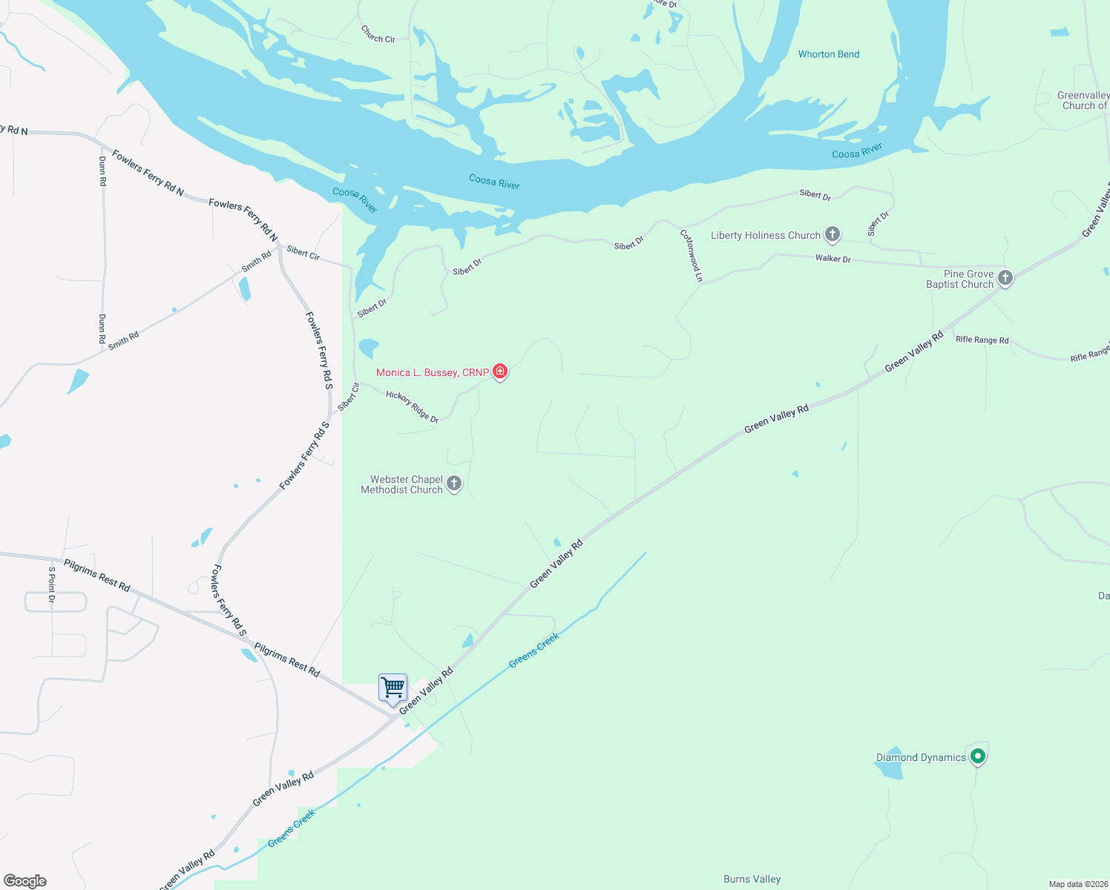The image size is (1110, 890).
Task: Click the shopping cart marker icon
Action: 393,688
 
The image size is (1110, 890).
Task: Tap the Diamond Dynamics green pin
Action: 978,756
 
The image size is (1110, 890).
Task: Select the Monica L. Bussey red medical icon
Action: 500,371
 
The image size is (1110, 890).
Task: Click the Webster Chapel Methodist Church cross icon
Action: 454,484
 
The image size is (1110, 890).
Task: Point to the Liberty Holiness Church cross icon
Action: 832,234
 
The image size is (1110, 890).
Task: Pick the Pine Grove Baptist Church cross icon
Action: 1005,278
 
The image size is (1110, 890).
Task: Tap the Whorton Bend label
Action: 829,54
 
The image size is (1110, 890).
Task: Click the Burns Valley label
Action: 752,879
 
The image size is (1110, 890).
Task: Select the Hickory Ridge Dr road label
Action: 413,407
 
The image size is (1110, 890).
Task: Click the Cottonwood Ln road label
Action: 691,256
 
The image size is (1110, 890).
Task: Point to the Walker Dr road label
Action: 832,259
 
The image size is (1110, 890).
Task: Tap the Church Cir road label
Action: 378,34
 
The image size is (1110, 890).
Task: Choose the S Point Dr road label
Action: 52,584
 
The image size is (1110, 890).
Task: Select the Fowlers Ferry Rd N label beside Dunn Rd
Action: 148,171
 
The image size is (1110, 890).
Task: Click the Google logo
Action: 25,880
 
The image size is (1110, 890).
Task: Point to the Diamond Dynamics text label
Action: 921,757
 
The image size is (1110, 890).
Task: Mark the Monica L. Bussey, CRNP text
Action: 432,372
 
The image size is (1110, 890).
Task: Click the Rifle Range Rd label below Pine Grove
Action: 982,340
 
